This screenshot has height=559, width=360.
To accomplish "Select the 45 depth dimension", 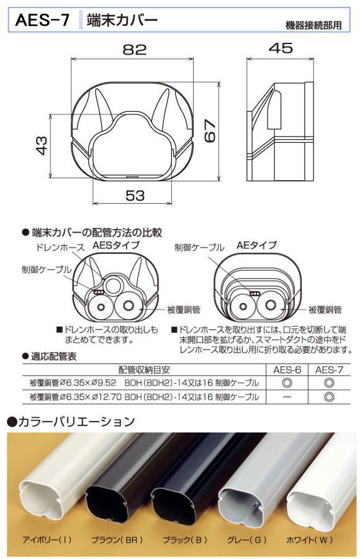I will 281,49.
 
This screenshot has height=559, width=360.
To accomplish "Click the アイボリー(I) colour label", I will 47,539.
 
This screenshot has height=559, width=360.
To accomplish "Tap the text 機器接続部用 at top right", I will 312,25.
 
